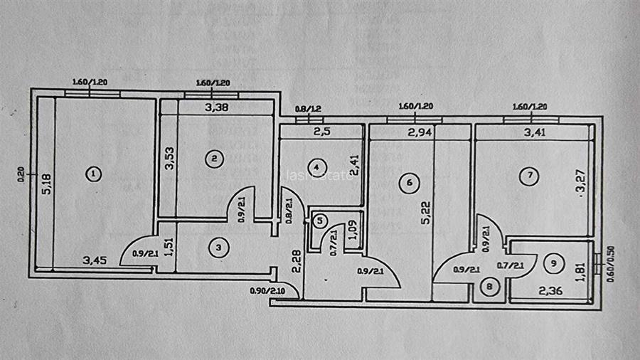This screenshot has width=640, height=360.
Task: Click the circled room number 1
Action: pos(92,173)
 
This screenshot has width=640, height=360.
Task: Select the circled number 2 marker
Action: pos(212,159)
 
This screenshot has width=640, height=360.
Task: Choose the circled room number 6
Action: pos(407,183)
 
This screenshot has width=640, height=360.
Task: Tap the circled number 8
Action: pos(489,288)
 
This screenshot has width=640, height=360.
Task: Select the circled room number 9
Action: pos(555,263)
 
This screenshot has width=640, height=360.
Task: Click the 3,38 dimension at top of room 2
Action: pos(217,108)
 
